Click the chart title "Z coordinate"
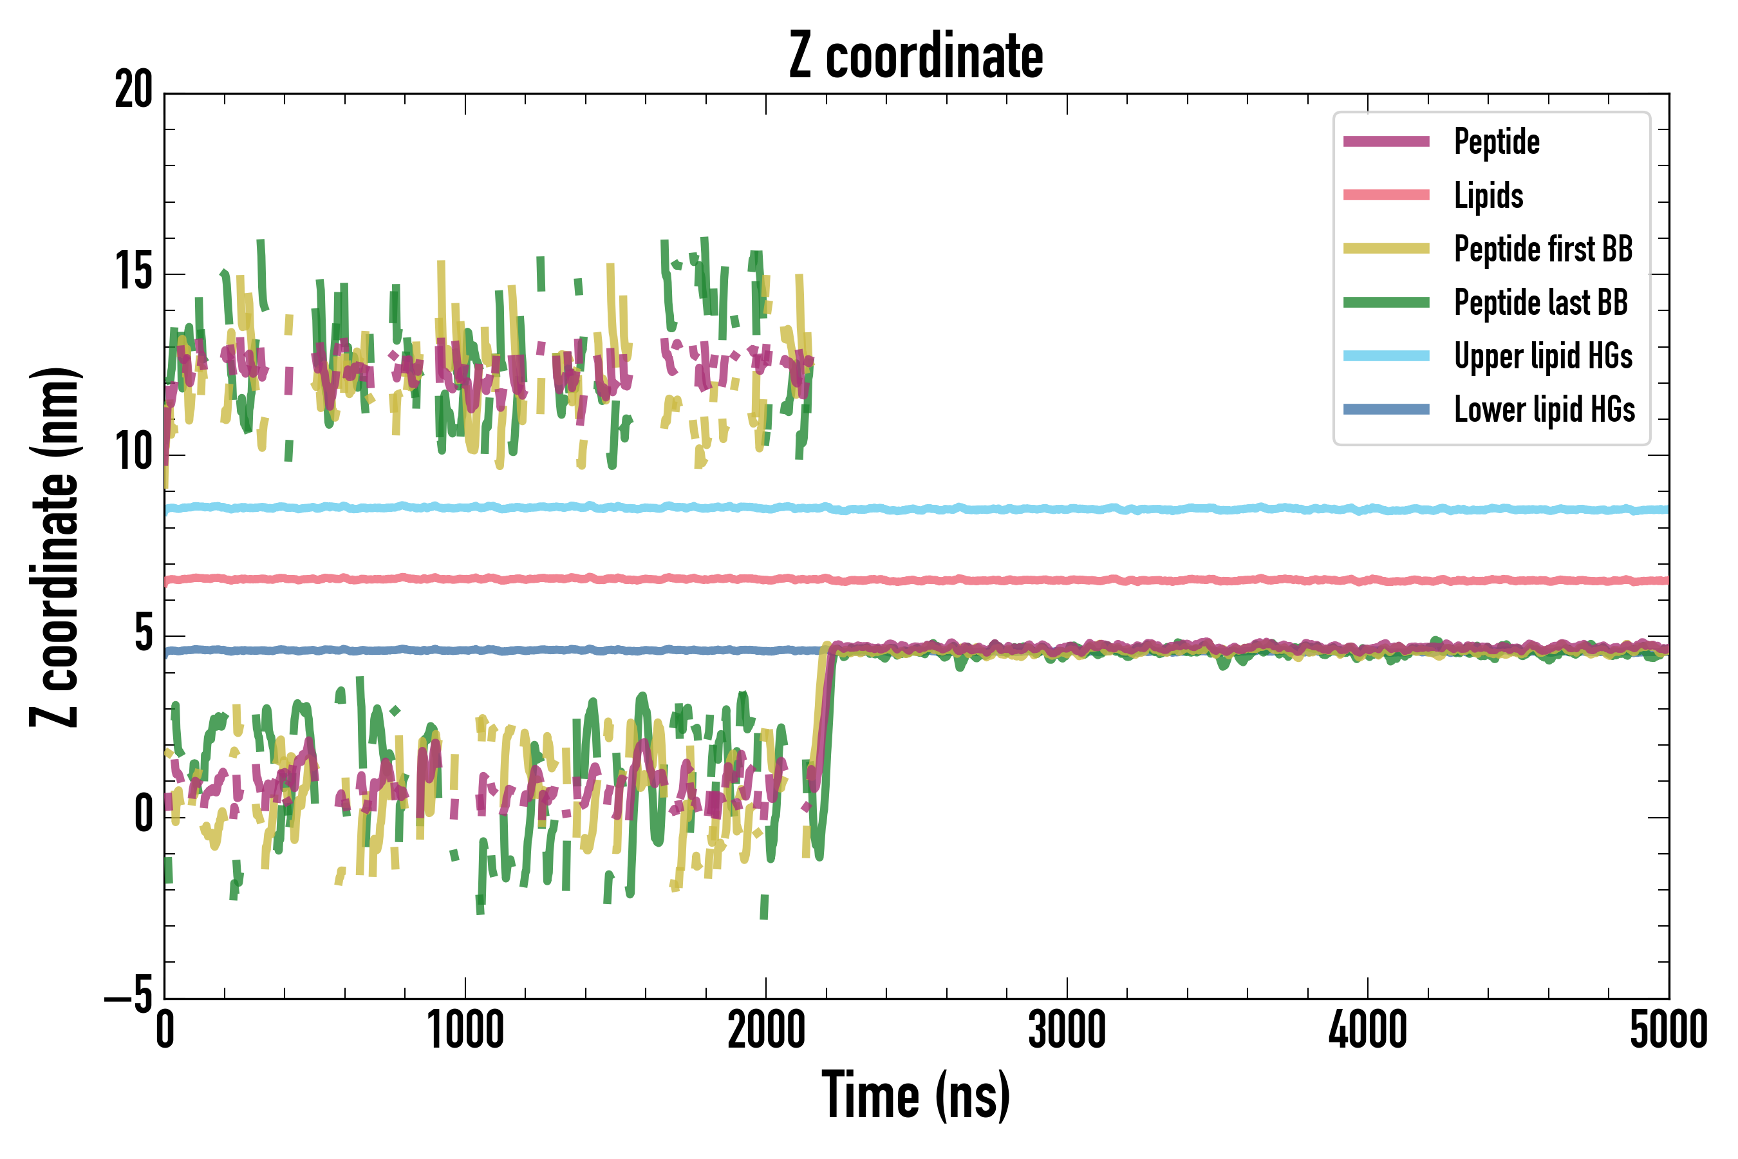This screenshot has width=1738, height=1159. pyautogui.click(x=915, y=56)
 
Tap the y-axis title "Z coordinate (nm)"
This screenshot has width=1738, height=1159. pyautogui.click(x=55, y=546)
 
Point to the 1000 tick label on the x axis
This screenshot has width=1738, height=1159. pyautogui.click(x=465, y=1030)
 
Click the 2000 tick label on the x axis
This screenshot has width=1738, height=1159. pyautogui.click(x=766, y=1030)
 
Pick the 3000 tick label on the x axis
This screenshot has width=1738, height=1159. pyautogui.click(x=1067, y=1030)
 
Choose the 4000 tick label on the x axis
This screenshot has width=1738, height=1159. pyautogui.click(x=1368, y=1030)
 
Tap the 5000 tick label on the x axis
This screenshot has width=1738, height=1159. pyautogui.click(x=1668, y=1030)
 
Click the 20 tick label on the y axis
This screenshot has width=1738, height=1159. pyautogui.click(x=134, y=91)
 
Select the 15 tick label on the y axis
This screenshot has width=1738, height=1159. pyautogui.click(x=134, y=273)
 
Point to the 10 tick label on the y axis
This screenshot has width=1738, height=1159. pyautogui.click(x=134, y=453)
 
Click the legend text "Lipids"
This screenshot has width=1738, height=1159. pyautogui.click(x=1488, y=196)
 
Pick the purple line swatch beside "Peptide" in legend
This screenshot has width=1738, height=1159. pyautogui.click(x=1387, y=142)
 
